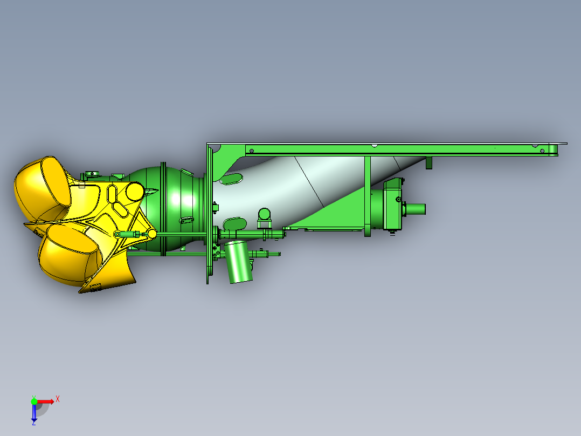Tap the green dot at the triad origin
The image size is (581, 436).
[34, 401]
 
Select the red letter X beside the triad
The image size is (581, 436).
[57, 399]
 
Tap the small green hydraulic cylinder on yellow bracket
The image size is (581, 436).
[127, 234]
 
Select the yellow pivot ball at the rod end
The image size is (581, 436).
[152, 234]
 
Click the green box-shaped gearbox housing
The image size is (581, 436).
[393, 205]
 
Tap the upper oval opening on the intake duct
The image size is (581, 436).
[232, 179]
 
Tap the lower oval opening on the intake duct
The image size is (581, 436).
[234, 223]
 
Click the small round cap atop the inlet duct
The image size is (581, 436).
[264, 213]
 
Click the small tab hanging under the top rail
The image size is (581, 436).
[429, 162]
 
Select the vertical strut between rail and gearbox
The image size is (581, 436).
[367, 194]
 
